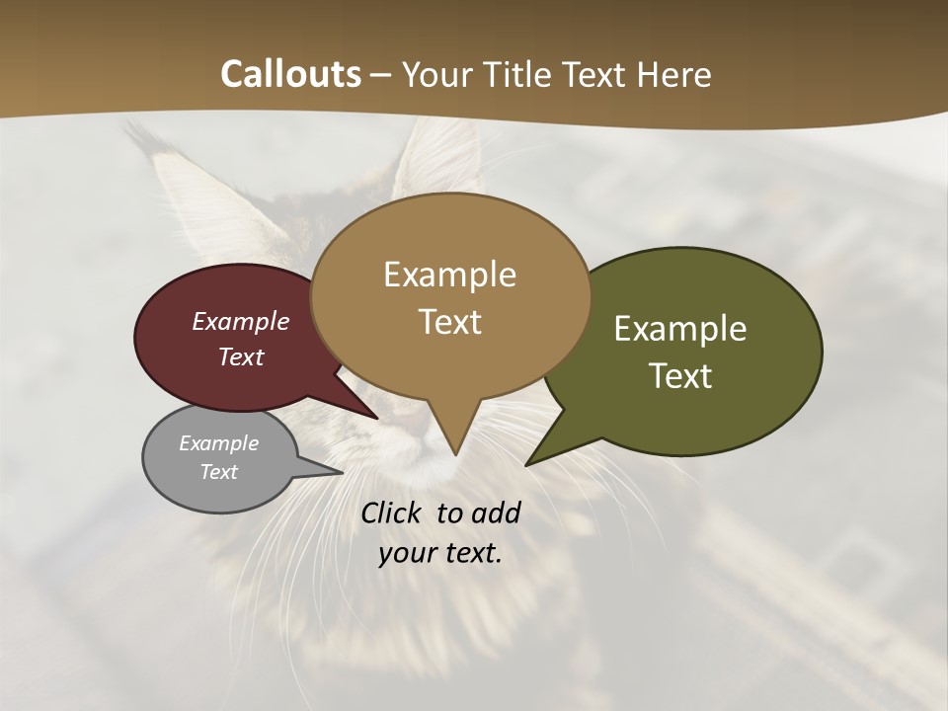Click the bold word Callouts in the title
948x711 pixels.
(x=290, y=74)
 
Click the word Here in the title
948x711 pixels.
(x=675, y=74)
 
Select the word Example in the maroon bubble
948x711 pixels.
(x=240, y=321)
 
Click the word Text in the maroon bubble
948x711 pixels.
(x=240, y=356)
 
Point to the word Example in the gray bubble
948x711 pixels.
(x=218, y=443)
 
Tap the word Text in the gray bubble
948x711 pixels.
(x=218, y=472)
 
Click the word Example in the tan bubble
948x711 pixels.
(x=449, y=274)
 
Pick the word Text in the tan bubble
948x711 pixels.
(x=449, y=321)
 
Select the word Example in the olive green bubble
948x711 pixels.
(x=680, y=328)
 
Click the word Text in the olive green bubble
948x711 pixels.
(x=680, y=375)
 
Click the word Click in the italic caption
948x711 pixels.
(x=393, y=513)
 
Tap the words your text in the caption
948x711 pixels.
(x=439, y=553)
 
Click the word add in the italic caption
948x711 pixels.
(x=496, y=513)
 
